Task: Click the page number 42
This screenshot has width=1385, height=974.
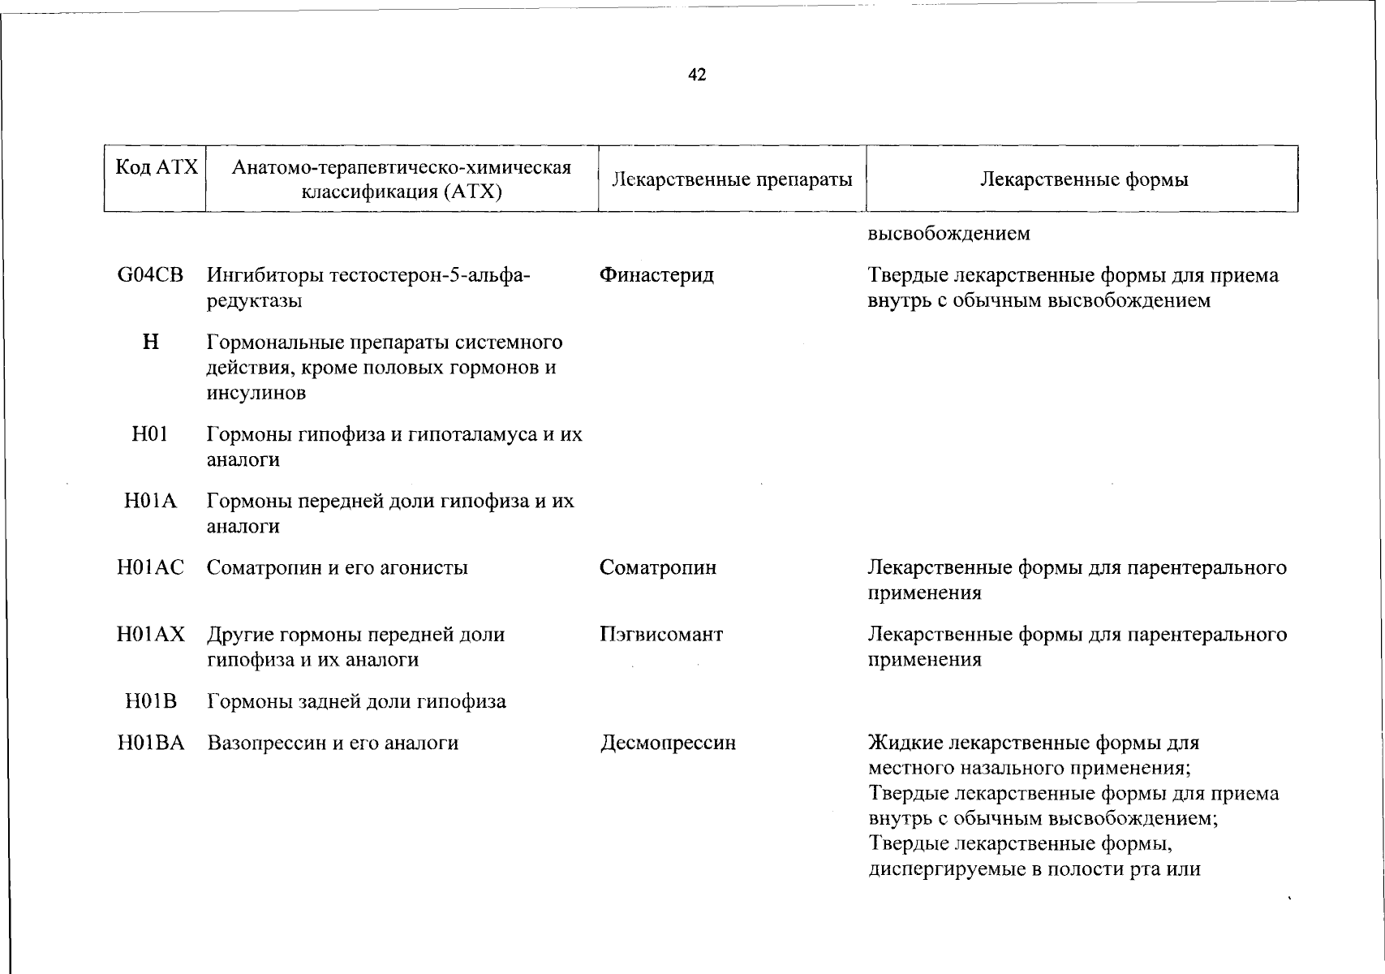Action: (x=697, y=75)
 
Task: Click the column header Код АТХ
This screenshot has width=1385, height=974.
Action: (x=157, y=167)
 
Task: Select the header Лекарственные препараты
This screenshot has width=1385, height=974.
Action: (x=732, y=179)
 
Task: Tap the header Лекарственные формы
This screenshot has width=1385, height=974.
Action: (x=1083, y=179)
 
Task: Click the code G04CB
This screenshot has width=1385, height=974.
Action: (x=150, y=275)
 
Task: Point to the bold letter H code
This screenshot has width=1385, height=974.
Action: (x=150, y=342)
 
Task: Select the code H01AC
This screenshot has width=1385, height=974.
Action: (x=150, y=567)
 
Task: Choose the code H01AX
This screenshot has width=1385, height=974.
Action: (x=150, y=634)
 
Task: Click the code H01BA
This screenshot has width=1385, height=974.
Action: (x=150, y=743)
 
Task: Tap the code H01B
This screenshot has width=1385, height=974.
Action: (x=150, y=701)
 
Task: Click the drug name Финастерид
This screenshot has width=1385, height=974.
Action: (x=656, y=275)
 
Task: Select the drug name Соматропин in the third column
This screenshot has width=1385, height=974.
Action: (x=658, y=567)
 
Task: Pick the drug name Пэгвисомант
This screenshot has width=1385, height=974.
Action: (x=661, y=634)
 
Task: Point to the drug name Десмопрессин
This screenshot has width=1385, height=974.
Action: (x=668, y=743)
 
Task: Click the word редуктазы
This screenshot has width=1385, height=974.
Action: (x=255, y=301)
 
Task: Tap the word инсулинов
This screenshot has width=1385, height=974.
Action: (x=256, y=394)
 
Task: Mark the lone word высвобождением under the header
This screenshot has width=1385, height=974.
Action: (x=948, y=234)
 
